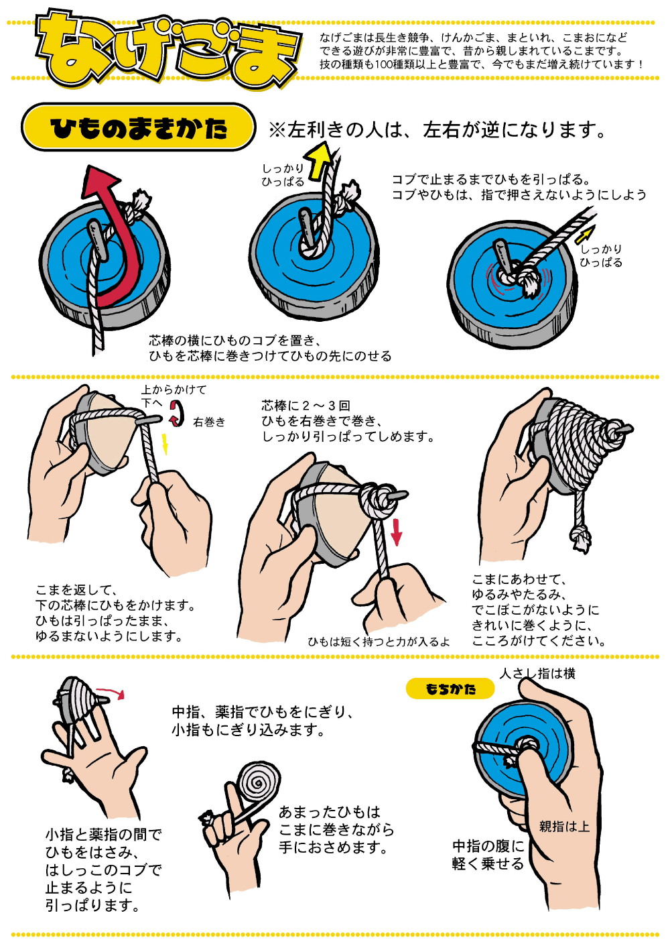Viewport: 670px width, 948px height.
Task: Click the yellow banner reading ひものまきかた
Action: pyautogui.click(x=138, y=127)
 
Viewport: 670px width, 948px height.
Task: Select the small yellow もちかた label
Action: pyautogui.click(x=450, y=689)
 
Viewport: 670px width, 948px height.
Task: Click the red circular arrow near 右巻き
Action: pyautogui.click(x=177, y=414)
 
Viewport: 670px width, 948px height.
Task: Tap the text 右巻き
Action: pyautogui.click(x=209, y=422)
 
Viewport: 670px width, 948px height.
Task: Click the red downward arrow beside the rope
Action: pyautogui.click(x=396, y=532)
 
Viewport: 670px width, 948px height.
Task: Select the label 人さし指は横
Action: pyautogui.click(x=537, y=673)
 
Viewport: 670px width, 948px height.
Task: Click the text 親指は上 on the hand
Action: pyautogui.click(x=564, y=826)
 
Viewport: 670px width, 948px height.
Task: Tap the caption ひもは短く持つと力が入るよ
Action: pyautogui.click(x=379, y=642)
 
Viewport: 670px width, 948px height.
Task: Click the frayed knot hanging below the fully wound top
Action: pyautogui.click(x=580, y=539)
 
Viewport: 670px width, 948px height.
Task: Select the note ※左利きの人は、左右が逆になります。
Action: pyautogui.click(x=438, y=129)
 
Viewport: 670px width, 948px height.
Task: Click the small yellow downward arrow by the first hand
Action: pyautogui.click(x=165, y=444)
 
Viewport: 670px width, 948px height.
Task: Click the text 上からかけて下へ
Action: pyautogui.click(x=174, y=396)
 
